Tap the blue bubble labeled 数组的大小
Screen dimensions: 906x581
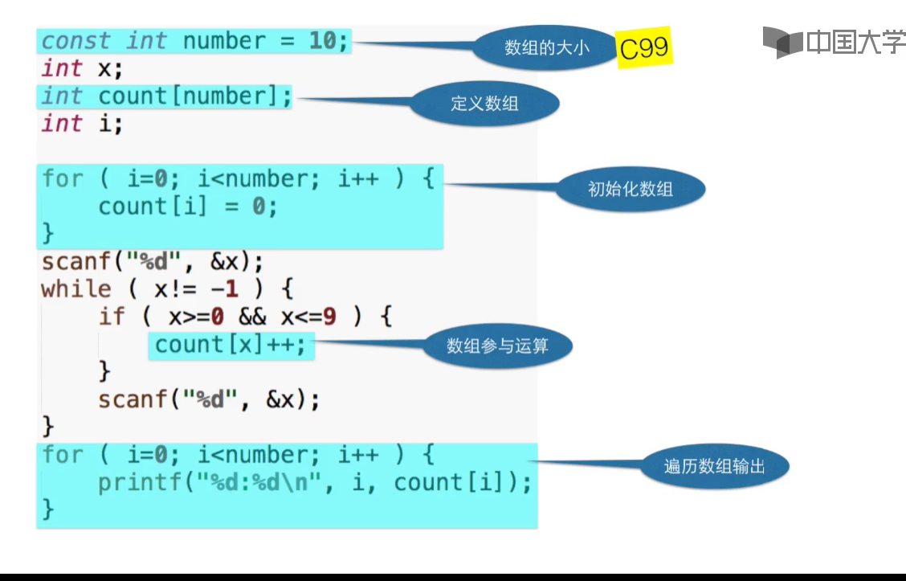click(x=546, y=47)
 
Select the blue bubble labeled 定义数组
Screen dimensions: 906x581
click(x=484, y=104)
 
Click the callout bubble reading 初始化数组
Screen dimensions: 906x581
click(x=631, y=190)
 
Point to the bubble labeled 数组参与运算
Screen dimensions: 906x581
click(x=497, y=346)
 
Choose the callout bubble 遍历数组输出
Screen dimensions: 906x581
click(x=714, y=466)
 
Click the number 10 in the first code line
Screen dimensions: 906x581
click(x=322, y=41)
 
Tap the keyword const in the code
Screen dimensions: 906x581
click(x=75, y=41)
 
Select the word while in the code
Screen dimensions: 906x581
click(x=76, y=289)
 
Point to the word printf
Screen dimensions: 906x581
click(x=140, y=483)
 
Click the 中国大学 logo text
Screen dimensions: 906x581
click(x=855, y=42)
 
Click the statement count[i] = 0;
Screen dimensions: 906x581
click(x=188, y=207)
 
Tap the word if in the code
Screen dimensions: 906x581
click(x=112, y=317)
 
